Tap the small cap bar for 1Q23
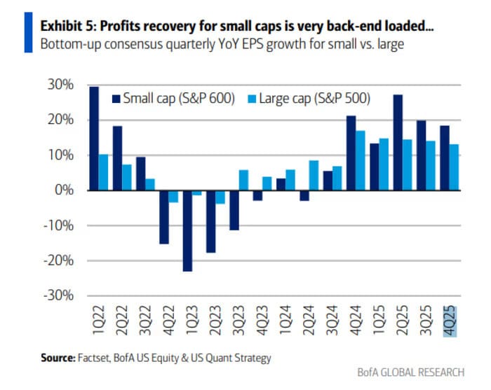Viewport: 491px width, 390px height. pos(187,230)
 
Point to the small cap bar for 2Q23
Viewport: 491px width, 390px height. pos(210,221)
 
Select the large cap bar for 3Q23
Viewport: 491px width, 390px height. pos(243,180)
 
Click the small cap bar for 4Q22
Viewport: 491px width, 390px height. pos(164,217)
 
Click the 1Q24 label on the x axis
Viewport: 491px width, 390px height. pos(285,324)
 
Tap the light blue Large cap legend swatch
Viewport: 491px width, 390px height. pos(252,99)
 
